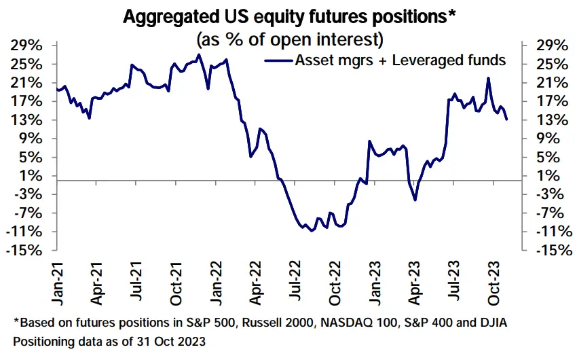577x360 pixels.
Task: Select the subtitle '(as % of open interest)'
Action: click(x=288, y=35)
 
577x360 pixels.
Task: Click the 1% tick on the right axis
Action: click(x=547, y=176)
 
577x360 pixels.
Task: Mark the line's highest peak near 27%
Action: click(x=198, y=55)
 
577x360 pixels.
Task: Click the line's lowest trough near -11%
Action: click(x=311, y=231)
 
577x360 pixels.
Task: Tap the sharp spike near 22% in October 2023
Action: click(x=488, y=78)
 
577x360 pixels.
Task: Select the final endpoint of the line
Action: click(x=506, y=120)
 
